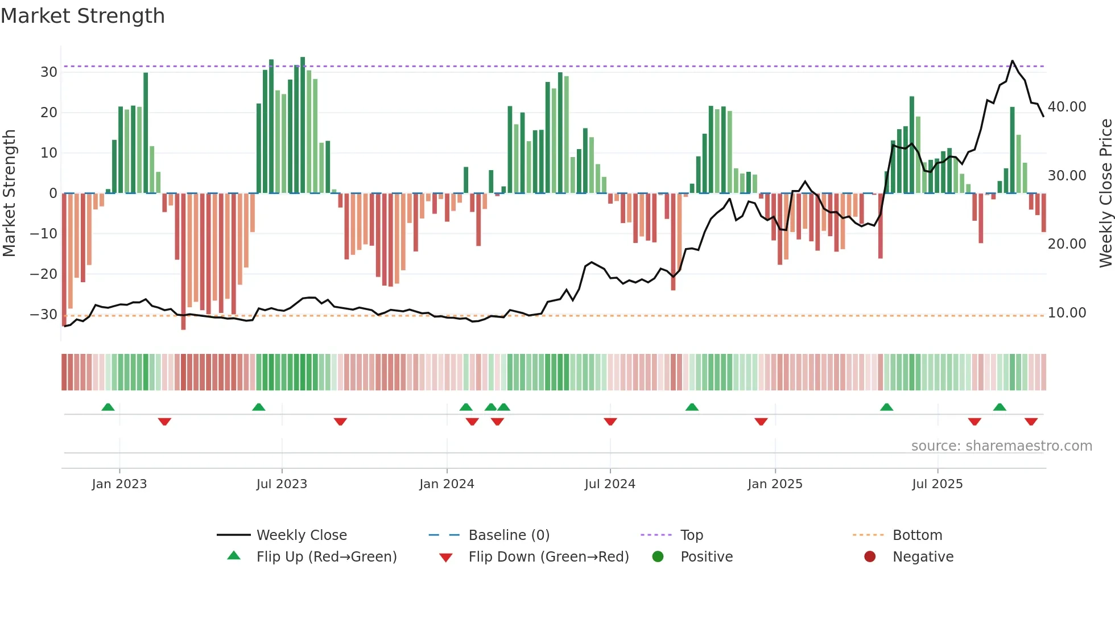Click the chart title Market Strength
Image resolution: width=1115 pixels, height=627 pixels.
[x=82, y=16]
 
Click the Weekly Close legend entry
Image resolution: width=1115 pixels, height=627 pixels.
[x=301, y=535]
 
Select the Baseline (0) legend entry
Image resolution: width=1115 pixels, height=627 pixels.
[x=509, y=535]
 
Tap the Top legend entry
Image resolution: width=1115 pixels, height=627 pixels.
[x=691, y=535]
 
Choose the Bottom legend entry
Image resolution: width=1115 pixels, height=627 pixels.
[x=917, y=535]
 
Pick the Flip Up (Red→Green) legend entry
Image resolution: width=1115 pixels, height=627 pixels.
[x=326, y=556]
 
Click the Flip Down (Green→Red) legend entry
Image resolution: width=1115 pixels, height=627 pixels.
[x=548, y=556]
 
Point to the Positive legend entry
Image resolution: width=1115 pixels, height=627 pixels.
[x=706, y=556]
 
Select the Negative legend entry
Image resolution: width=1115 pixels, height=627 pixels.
[x=922, y=556]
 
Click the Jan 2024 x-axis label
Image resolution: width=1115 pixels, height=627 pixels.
[x=447, y=484]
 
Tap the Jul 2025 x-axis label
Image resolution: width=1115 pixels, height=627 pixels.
[x=937, y=484]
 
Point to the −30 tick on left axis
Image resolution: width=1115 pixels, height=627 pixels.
[x=44, y=314]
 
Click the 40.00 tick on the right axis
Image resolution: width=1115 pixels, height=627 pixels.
[x=1067, y=107]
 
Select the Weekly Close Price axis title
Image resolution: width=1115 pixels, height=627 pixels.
[x=1105, y=193]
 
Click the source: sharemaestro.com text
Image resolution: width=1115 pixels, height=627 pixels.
[x=1001, y=445]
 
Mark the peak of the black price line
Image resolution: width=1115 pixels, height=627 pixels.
[x=1012, y=61]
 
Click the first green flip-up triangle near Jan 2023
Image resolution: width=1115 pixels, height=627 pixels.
[x=108, y=407]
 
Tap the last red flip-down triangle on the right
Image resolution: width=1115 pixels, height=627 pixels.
[x=1031, y=422]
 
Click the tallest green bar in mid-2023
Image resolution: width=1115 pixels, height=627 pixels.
[x=303, y=125]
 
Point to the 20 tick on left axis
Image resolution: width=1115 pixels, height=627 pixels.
[x=48, y=113]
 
